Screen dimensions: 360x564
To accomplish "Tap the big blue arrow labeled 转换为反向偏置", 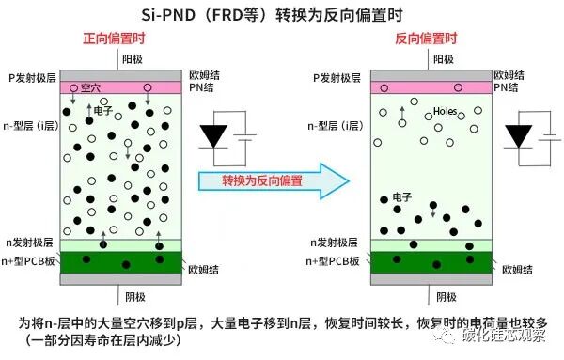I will click(267, 179).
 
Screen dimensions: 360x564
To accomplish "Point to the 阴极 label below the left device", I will click(132, 297).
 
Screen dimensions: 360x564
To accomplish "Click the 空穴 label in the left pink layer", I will click(90, 86).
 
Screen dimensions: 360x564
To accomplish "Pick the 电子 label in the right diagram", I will click(401, 196).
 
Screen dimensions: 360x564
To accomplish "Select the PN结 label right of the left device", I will click(201, 87).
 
